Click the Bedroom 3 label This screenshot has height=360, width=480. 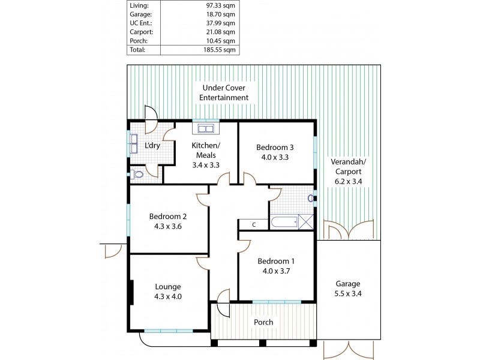(275, 147)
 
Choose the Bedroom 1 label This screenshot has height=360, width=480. (275, 261)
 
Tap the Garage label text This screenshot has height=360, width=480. (349, 284)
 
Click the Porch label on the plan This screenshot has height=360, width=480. (263, 322)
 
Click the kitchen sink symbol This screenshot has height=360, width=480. (206, 129)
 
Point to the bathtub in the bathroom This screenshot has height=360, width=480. (284, 223)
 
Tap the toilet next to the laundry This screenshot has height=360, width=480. (137, 175)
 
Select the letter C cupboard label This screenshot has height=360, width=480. (254, 224)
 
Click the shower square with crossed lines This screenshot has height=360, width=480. (306, 223)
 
